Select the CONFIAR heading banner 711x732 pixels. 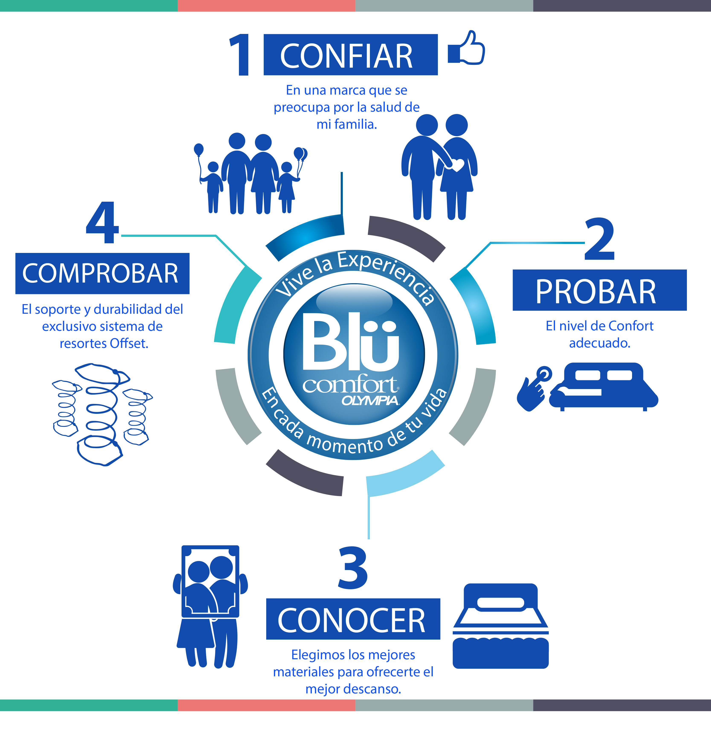pyautogui.click(x=350, y=55)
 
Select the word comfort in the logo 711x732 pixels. pyautogui.click(x=349, y=385)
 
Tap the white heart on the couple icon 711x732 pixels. pyautogui.click(x=457, y=164)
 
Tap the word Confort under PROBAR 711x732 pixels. pyautogui.click(x=631, y=326)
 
